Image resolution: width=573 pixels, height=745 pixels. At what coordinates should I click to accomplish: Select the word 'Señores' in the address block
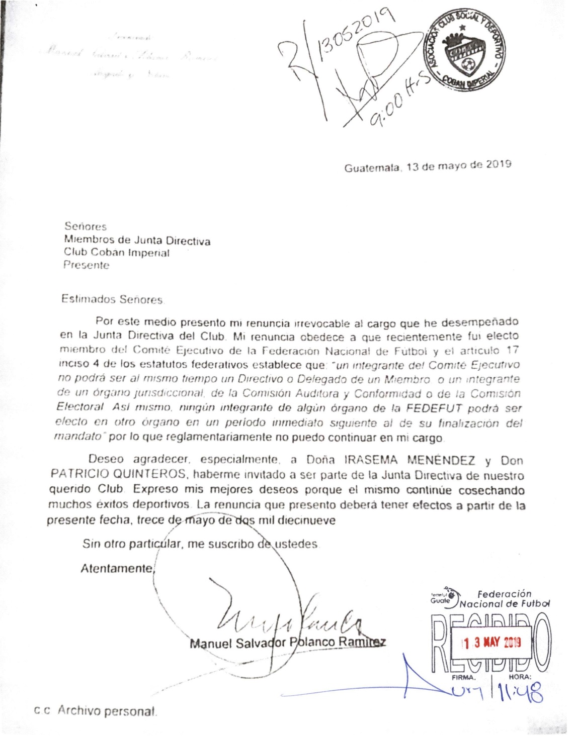point(85,227)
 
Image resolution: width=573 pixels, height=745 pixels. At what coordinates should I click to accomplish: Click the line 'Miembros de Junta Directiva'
point(137,241)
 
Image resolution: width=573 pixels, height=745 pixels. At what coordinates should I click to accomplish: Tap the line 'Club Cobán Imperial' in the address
point(116,253)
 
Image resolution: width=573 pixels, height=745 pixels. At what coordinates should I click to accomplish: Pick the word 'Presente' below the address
point(86,265)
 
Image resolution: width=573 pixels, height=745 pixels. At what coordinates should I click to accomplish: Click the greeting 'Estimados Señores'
point(112,299)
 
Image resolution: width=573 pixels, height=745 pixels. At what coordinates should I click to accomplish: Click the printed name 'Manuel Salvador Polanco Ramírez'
point(288,643)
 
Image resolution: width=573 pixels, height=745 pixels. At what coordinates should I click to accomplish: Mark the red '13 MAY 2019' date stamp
point(492,643)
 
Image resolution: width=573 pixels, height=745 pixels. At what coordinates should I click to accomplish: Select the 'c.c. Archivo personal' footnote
point(96,711)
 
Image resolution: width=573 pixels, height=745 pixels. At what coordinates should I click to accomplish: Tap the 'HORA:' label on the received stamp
point(519,678)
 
